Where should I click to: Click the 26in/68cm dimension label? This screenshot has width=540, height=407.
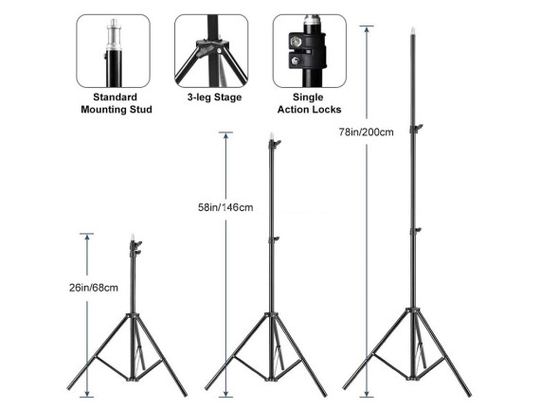click(94, 288)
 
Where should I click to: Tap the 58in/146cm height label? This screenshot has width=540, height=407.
click(225, 207)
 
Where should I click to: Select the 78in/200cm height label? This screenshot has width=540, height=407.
click(366, 133)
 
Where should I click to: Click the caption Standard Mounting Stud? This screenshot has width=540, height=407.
click(117, 103)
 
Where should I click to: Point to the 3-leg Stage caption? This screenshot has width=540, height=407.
click(214, 97)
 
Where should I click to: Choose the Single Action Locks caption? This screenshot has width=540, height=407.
click(309, 103)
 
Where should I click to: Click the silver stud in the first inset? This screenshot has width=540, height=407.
click(114, 35)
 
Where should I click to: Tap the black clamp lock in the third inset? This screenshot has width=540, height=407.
click(306, 50)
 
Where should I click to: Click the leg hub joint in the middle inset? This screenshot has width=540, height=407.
click(213, 46)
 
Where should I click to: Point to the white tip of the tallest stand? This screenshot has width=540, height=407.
click(412, 31)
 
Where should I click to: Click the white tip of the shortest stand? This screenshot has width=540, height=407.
click(133, 238)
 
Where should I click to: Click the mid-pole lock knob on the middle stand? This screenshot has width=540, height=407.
click(274, 239)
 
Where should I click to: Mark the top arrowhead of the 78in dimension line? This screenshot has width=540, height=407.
click(367, 29)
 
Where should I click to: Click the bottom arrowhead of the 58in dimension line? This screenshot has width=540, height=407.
click(225, 394)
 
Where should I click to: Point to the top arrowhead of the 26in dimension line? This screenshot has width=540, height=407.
click(87, 237)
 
